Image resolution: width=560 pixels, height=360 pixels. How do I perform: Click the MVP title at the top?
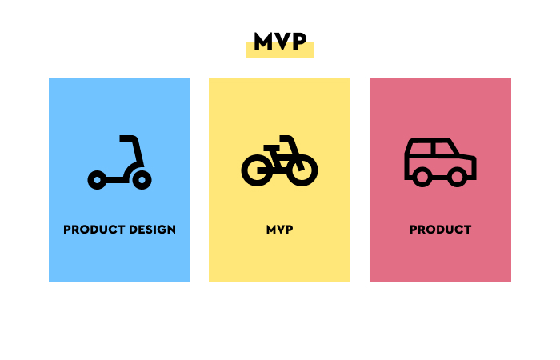pyautogui.click(x=280, y=42)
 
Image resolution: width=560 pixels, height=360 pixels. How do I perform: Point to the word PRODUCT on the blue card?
pyautogui.click(x=94, y=230)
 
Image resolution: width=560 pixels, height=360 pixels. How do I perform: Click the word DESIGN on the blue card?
pyautogui.click(x=153, y=230)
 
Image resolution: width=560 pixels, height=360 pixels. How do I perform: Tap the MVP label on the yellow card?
pyautogui.click(x=280, y=230)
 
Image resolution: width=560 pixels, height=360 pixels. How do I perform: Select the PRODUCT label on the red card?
pyautogui.click(x=440, y=230)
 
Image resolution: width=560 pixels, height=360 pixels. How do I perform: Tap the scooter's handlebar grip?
pyautogui.click(x=126, y=138)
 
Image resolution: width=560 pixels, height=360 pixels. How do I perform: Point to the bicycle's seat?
pyautogui.click(x=271, y=147)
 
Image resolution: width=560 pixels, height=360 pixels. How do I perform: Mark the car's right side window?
pyautogui.click(x=444, y=148)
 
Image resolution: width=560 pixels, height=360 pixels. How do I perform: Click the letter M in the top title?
pyautogui.click(x=263, y=42)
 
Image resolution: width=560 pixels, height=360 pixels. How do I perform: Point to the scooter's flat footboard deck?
pyautogui.click(x=115, y=180)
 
